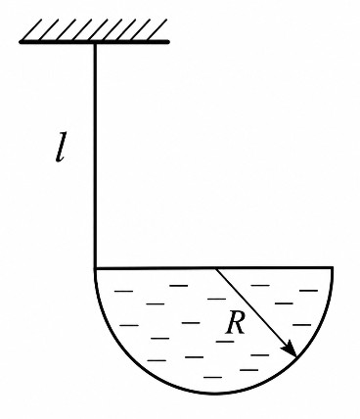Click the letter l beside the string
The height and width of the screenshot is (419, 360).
coord(61,147)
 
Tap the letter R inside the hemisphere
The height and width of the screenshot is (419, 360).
coord(236,323)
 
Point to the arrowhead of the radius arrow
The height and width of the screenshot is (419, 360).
coord(290,350)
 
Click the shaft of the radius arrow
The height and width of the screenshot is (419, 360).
coord(256,312)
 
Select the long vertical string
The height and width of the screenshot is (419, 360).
coord(95,155)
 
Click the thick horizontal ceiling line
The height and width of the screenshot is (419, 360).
coord(94,42)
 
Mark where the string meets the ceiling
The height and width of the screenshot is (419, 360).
coord(95,43)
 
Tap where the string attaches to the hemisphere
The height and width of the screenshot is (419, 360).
coord(95,268)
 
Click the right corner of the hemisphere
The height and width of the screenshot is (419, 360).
coord(333,268)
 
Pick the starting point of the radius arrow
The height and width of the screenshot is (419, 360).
coord(216,268)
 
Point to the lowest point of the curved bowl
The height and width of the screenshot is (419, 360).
coord(213,393)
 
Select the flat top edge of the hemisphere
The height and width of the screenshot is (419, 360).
coord(213,268)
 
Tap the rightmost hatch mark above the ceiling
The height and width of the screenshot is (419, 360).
coord(158,30)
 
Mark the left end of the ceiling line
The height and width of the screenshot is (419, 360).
coord(21,42)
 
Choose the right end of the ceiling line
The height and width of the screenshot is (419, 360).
coord(168,42)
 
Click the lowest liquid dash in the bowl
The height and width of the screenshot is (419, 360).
coord(212,377)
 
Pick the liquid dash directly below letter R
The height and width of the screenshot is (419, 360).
coord(225,342)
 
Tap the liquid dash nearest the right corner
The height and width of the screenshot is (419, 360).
coord(308,290)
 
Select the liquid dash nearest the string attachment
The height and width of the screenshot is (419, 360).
coord(124,291)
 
